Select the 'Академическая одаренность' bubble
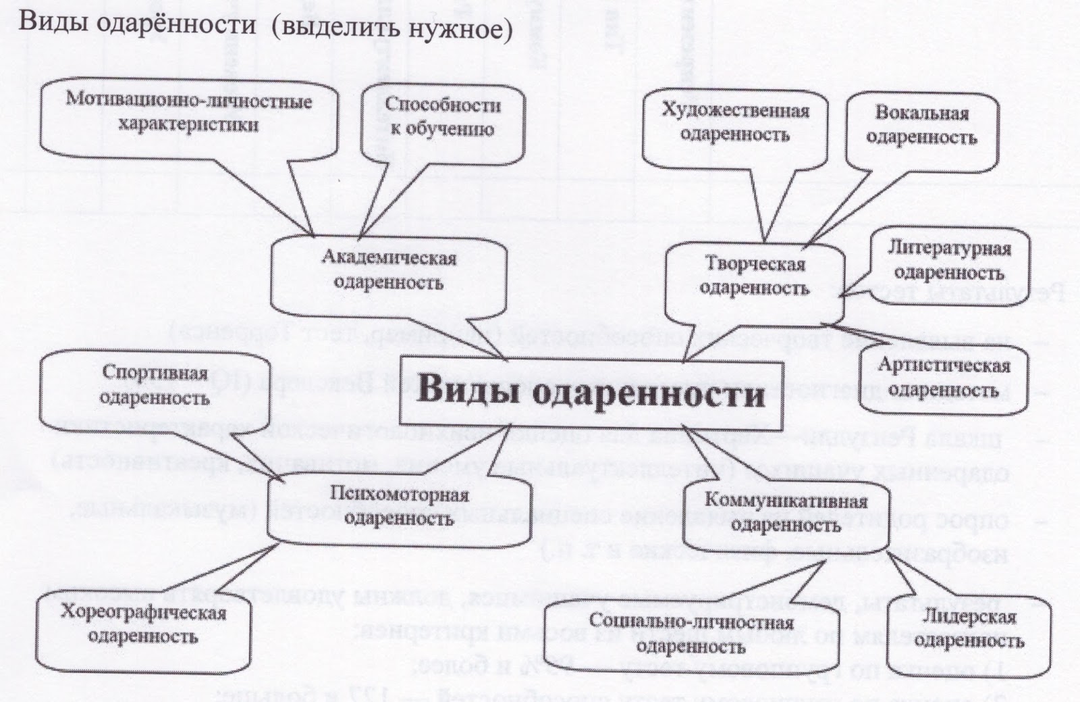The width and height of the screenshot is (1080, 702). [388, 270]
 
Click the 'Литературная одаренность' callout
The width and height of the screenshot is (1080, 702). [948, 260]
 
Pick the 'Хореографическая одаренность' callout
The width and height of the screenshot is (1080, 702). [143, 625]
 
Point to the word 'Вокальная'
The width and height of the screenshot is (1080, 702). [921, 113]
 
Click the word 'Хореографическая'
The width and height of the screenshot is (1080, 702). [143, 613]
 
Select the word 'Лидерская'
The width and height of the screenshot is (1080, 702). [969, 618]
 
